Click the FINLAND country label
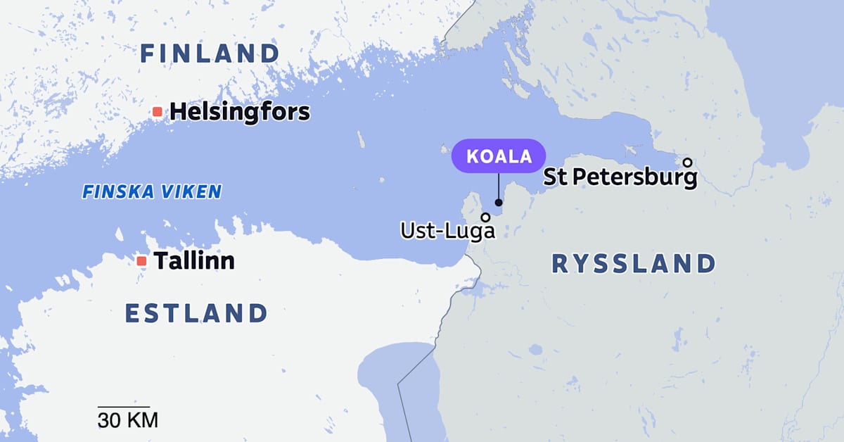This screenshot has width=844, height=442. coord(210,53)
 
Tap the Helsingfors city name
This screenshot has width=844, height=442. coord(240,111)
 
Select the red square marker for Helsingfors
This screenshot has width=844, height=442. coord(158,111)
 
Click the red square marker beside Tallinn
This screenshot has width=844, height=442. coord(141,260)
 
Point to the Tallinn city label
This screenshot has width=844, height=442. coord(194,261)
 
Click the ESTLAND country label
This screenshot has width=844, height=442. coord(196,313)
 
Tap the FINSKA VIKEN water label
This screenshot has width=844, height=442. coord(152,191)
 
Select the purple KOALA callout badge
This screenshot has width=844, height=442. coord(499,156)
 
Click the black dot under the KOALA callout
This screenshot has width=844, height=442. coord(499,203)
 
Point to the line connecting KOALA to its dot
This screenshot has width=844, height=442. coord(499,187)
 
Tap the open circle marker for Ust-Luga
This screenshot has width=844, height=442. coord(485,217)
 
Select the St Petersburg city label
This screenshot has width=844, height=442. coord(620,177)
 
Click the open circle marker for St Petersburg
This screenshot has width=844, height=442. coord(688,162)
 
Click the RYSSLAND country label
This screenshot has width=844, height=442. coord(633,264)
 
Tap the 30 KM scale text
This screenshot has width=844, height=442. coord(127,421)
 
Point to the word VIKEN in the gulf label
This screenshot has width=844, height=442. coord(193,191)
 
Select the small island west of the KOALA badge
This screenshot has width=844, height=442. coord(444,149)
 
